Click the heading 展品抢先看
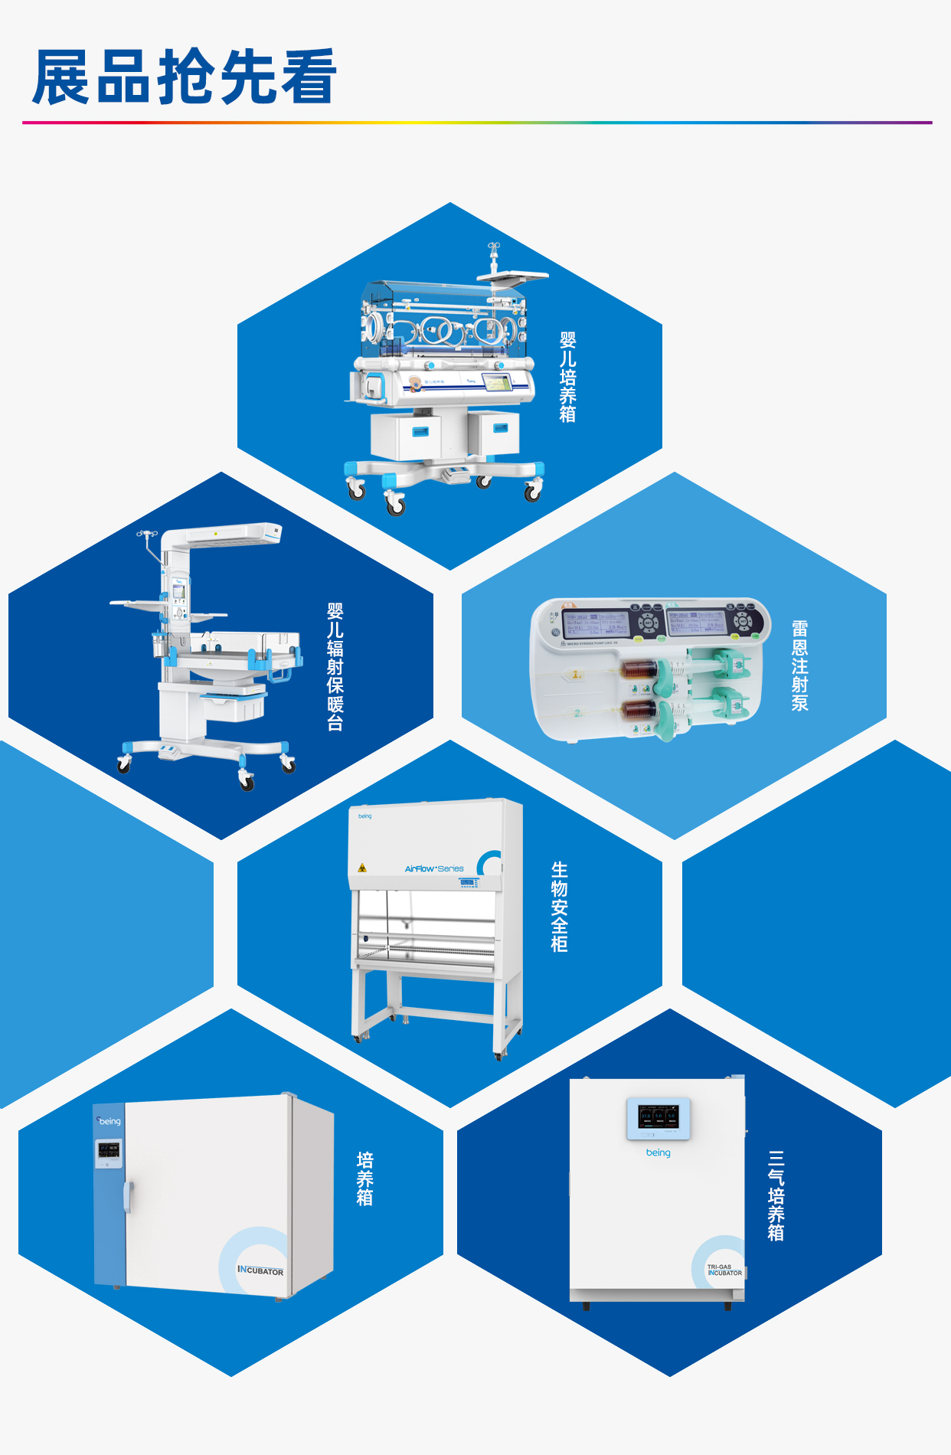(184, 77)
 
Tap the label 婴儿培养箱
(567, 377)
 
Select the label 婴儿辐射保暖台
(335, 667)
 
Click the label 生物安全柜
(560, 907)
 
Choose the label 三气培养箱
(776, 1195)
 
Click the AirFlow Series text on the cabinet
(434, 868)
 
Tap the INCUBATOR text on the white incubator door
(260, 1270)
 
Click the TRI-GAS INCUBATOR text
(724, 1270)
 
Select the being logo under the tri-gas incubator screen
(658, 1153)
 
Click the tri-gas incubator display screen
(659, 1117)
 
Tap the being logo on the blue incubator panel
(109, 1121)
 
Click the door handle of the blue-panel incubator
(128, 1197)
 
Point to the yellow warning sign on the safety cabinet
(362, 868)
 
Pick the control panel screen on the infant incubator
(498, 382)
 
